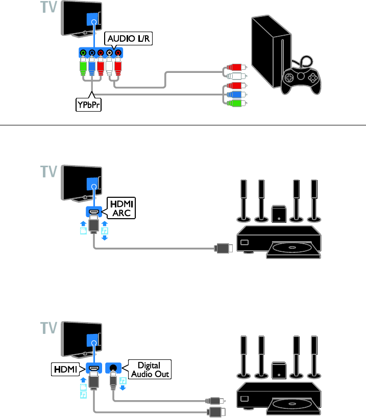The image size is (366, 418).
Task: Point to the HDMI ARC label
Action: coord(120,207)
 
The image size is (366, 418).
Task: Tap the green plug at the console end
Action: coord(236,103)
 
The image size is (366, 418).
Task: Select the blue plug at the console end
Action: coord(236,94)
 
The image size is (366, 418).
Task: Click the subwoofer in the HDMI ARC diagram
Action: coord(279,214)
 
